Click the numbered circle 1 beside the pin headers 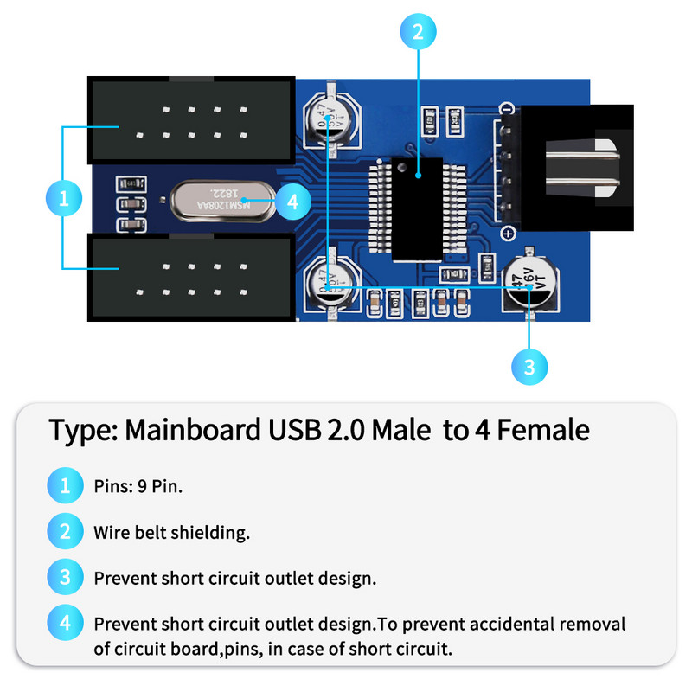pos(63,199)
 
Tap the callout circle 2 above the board pos(418,33)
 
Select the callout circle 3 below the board pos(529,367)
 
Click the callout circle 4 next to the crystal pos(292,202)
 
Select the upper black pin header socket pos(192,121)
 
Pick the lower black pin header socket pos(192,277)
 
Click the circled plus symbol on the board pos(508,233)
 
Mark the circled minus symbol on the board pos(508,109)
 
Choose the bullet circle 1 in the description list pos(65,485)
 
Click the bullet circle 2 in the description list pos(65,532)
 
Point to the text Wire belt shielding pos(172,533)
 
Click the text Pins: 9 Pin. pos(138,486)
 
